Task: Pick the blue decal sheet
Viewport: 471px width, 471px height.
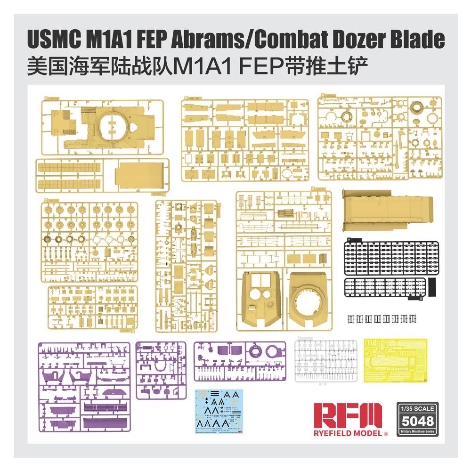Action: click(x=220, y=412)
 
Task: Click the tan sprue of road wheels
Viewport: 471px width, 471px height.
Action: click(x=89, y=242)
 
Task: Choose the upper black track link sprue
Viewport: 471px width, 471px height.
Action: click(x=390, y=258)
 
